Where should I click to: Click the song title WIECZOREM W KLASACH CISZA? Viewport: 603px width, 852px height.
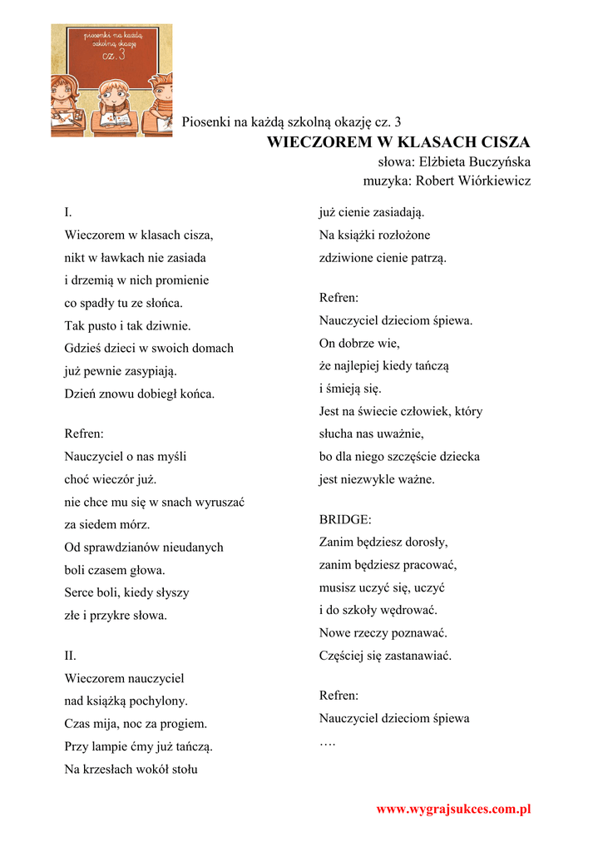coord(398,142)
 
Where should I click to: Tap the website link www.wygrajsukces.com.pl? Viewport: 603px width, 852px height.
coord(453,809)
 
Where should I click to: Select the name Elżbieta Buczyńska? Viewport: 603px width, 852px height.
coord(475,162)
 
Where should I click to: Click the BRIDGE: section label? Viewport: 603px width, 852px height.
coord(345,519)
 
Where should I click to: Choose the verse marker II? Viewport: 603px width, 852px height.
coord(71,656)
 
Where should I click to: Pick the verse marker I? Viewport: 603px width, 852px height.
coord(68,213)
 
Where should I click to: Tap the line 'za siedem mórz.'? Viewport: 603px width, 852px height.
coord(107,525)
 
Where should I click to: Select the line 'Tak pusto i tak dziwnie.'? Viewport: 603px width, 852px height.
coord(128,326)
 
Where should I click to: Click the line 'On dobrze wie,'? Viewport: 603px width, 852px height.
coord(359,343)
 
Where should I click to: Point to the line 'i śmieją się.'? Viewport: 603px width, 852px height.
coord(351,389)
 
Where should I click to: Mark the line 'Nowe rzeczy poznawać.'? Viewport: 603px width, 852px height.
coord(383,633)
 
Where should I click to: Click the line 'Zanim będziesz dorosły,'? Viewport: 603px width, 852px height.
coord(383,542)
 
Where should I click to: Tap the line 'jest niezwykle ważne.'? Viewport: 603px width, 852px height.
coord(377,479)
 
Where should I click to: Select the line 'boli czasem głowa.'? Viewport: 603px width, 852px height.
coord(115,571)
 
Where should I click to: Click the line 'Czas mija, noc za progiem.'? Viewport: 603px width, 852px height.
coord(136,724)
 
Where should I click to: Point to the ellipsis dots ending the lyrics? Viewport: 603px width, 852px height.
coord(327,741)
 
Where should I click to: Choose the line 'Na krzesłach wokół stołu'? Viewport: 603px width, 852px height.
coord(131,770)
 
